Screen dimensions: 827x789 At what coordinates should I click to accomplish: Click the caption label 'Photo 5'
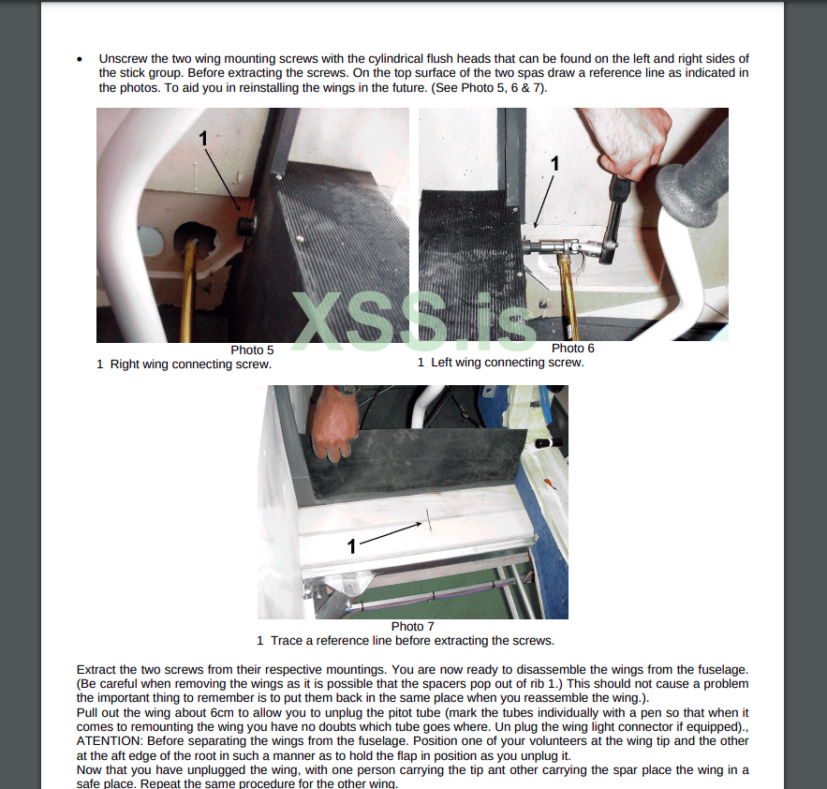coord(252,350)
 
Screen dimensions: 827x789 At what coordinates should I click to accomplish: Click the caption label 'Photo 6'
coord(573,349)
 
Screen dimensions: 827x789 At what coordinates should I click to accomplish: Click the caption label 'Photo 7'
coord(412,627)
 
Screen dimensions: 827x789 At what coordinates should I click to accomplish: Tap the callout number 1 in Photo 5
coord(203,139)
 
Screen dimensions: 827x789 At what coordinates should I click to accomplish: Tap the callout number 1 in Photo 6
coord(554,164)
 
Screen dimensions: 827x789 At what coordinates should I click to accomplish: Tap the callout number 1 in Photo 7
coord(352,546)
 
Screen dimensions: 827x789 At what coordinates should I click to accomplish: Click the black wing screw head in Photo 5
coord(246,226)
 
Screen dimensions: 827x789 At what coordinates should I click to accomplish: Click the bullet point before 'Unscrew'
coord(80,59)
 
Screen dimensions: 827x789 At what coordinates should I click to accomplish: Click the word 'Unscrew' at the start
coord(123,59)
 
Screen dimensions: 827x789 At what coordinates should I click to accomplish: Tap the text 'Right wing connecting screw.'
coord(191,365)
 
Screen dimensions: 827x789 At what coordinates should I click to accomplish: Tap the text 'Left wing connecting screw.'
coord(508,363)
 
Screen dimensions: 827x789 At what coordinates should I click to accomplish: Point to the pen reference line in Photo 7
coord(429,521)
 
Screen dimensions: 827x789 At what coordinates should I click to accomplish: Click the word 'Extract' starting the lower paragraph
coord(96,670)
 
